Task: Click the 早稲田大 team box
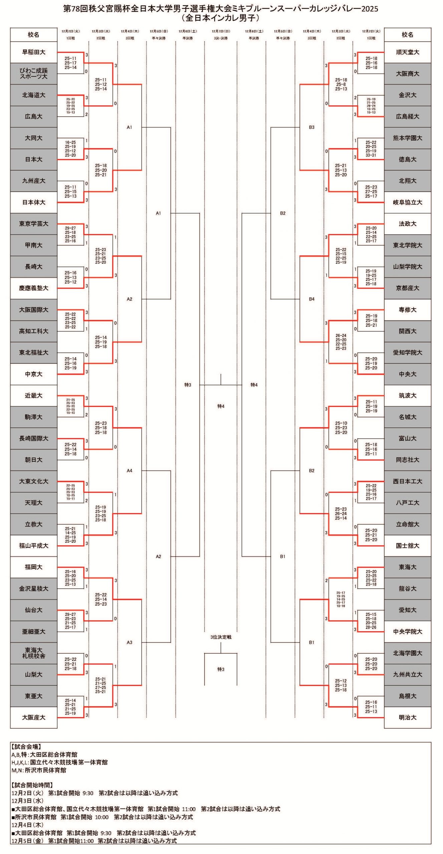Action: click(33, 52)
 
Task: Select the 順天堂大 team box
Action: click(407, 52)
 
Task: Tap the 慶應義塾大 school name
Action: click(33, 288)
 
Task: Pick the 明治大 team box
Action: click(407, 717)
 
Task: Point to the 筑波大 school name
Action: click(407, 396)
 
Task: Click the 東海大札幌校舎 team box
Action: click(33, 653)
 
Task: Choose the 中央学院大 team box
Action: click(407, 631)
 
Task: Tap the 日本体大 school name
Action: click(33, 202)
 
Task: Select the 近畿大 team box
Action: click(33, 396)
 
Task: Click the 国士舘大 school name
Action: click(407, 546)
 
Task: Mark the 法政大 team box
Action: click(407, 224)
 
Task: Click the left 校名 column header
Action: click(33, 35)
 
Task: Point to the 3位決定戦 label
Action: click(221, 637)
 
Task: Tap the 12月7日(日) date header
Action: click(221, 31)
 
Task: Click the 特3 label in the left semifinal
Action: click(188, 385)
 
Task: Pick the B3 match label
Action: click(311, 127)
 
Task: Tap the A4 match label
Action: click(130, 471)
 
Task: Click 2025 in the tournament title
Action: click(370, 9)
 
